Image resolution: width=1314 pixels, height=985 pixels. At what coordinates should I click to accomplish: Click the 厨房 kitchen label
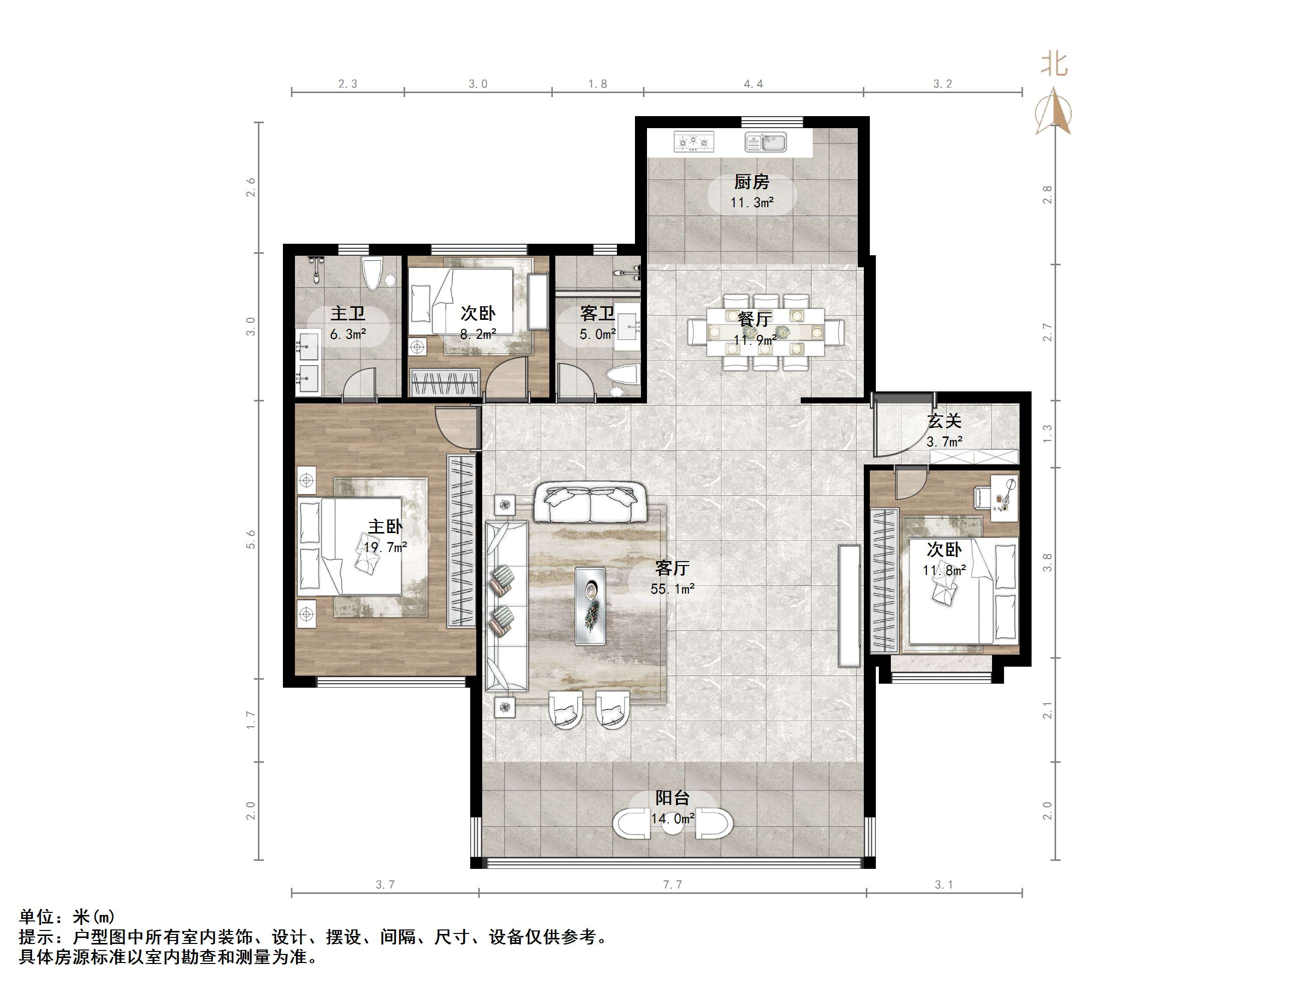click(752, 181)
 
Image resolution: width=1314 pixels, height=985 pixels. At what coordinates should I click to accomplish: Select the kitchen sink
click(766, 142)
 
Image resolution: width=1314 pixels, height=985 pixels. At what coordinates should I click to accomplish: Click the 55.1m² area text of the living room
click(673, 589)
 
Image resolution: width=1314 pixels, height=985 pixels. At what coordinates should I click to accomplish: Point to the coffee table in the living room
click(590, 606)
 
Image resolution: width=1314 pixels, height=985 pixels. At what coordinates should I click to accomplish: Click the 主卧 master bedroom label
click(386, 526)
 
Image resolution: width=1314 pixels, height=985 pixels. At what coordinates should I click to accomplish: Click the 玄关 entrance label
click(944, 421)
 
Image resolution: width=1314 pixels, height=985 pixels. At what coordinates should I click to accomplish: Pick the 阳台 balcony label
click(673, 797)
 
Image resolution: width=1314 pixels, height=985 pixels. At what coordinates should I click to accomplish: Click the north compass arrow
click(1053, 111)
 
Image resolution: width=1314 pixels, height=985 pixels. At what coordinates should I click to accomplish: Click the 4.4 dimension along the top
click(753, 84)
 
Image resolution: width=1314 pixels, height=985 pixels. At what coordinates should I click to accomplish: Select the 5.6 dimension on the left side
click(251, 539)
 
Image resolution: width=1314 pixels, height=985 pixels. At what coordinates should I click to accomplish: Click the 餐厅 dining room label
click(755, 319)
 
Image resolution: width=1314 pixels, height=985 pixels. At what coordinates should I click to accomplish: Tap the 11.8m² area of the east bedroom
click(944, 570)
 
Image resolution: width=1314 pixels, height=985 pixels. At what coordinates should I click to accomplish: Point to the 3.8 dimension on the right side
click(1047, 562)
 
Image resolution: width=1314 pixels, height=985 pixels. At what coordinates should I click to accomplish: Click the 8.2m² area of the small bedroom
click(478, 334)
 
